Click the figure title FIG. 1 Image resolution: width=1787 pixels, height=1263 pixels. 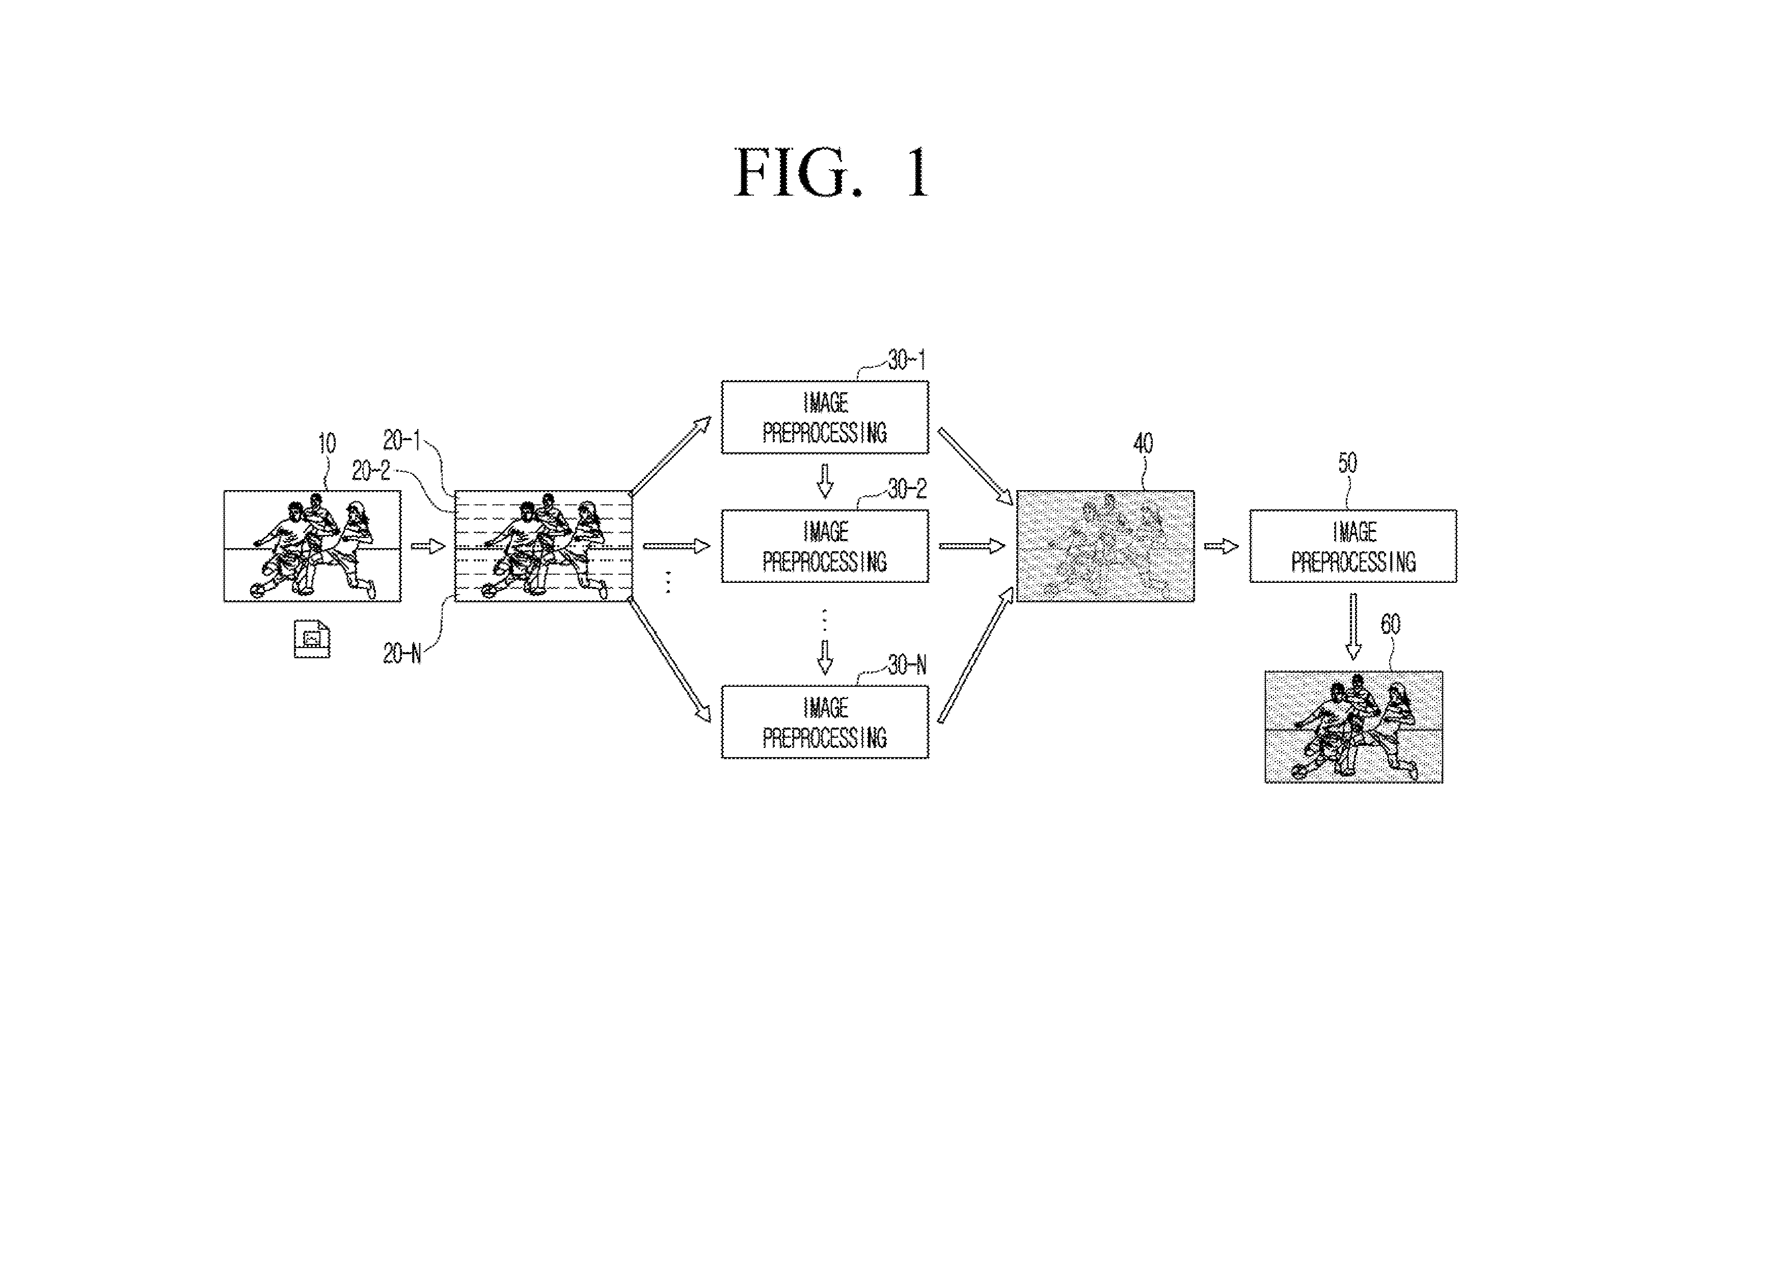point(832,173)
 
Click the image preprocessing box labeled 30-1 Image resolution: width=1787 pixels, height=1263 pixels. point(825,417)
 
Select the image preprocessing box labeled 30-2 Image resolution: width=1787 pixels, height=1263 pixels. point(825,546)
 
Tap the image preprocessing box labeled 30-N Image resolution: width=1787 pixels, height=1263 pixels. point(825,722)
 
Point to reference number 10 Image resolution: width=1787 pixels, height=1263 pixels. point(327,444)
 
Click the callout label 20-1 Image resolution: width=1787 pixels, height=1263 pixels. point(401,441)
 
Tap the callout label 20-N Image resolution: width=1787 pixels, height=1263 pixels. point(401,654)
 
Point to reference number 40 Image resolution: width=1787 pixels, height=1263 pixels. point(1143,444)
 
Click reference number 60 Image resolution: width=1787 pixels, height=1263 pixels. point(1391,624)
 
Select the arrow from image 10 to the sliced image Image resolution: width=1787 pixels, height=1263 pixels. point(428,546)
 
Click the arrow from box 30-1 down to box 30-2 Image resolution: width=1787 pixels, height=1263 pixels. point(825,481)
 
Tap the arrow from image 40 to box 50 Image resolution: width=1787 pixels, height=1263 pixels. point(1221,546)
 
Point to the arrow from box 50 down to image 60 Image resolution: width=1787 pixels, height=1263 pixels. point(1353,627)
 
